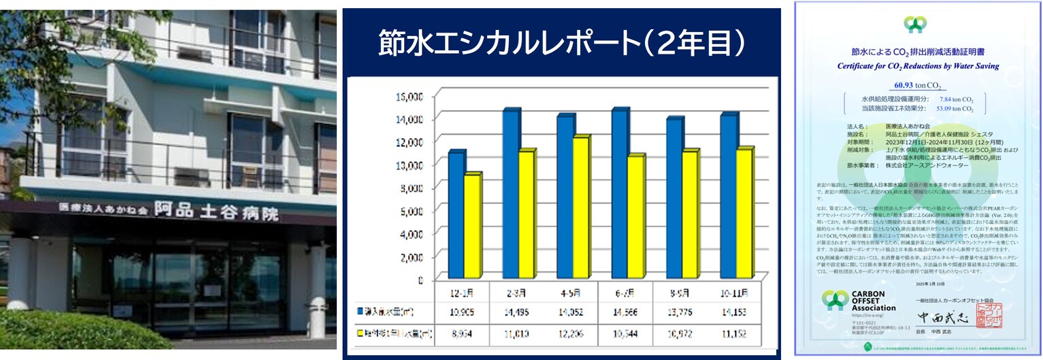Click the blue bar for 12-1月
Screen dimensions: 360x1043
(456, 225)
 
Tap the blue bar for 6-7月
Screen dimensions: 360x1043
(618, 204)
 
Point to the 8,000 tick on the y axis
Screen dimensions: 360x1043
(410, 188)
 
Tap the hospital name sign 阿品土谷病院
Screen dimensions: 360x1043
(216, 211)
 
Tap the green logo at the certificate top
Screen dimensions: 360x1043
(914, 25)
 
